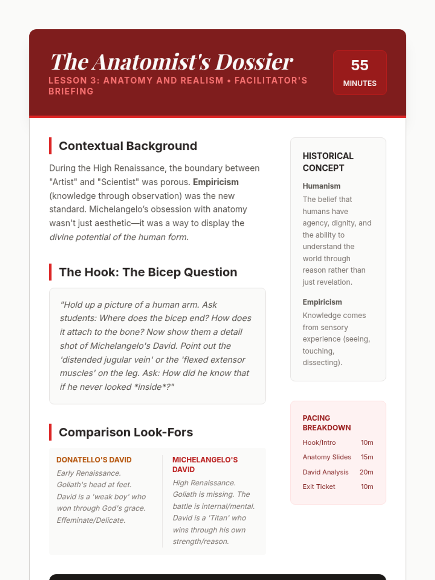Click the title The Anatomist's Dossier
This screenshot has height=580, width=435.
point(171,62)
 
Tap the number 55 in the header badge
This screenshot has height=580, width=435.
point(360,65)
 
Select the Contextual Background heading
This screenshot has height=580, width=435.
point(128,146)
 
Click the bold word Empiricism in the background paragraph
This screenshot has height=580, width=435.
point(216,182)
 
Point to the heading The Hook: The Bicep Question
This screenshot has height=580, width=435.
point(148,272)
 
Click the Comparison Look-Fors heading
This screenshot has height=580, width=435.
point(126,432)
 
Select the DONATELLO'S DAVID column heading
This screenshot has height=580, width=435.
point(94,460)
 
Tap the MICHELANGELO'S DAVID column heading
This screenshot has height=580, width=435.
point(205,464)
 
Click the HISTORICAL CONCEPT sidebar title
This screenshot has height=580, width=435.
point(328,162)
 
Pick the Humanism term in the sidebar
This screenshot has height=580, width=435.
point(322,186)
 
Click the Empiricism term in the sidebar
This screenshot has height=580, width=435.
point(322,302)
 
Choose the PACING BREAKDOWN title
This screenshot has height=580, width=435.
point(327,423)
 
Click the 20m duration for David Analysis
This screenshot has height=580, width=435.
point(366,472)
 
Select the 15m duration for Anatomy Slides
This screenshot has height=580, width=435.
point(367,457)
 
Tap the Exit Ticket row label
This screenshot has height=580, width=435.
point(319,486)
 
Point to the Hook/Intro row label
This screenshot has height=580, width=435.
point(319,443)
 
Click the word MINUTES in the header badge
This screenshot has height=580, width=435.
point(360,83)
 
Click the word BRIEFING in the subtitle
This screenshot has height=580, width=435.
point(71,91)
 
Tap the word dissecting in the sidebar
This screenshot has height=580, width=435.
point(321,362)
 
